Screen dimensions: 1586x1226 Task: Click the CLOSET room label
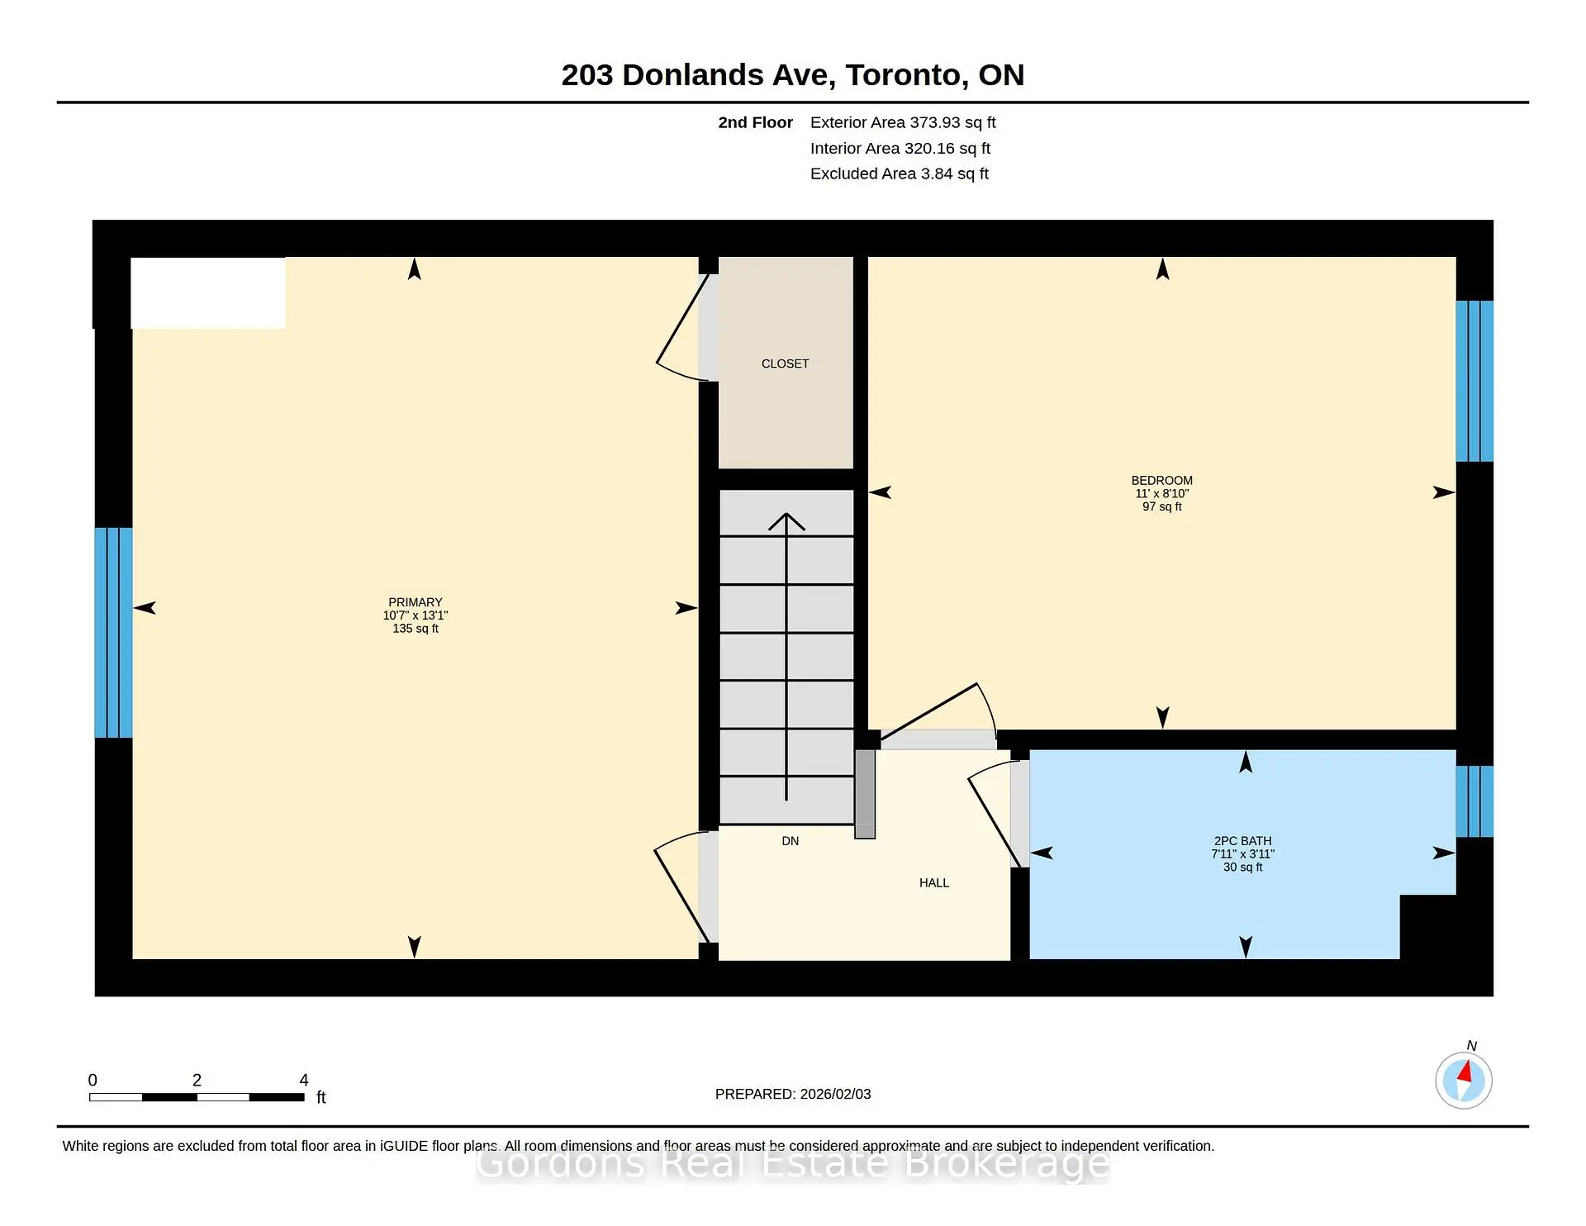785,364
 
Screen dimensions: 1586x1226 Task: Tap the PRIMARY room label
415,602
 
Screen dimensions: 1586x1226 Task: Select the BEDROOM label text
1161,480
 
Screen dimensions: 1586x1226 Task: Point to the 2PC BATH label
1242,841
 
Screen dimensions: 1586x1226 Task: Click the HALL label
934,883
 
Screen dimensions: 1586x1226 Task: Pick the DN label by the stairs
791,841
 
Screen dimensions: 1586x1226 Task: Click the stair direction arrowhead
786,521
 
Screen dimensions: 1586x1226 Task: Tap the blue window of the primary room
113,632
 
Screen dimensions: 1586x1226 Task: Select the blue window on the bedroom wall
1474,381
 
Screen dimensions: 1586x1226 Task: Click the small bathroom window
1474,801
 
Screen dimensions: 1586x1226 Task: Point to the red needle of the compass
1465,1072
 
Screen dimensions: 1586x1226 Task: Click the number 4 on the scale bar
304,1080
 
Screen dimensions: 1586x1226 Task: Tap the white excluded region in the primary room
208,293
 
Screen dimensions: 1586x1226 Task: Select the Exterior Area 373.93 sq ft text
903,122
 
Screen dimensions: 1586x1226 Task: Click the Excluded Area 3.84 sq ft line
900,173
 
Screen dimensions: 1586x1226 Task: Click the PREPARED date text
793,1094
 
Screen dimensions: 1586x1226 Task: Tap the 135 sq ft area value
415,629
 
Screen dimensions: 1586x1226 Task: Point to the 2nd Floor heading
755,122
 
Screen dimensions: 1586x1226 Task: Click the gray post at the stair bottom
865,794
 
